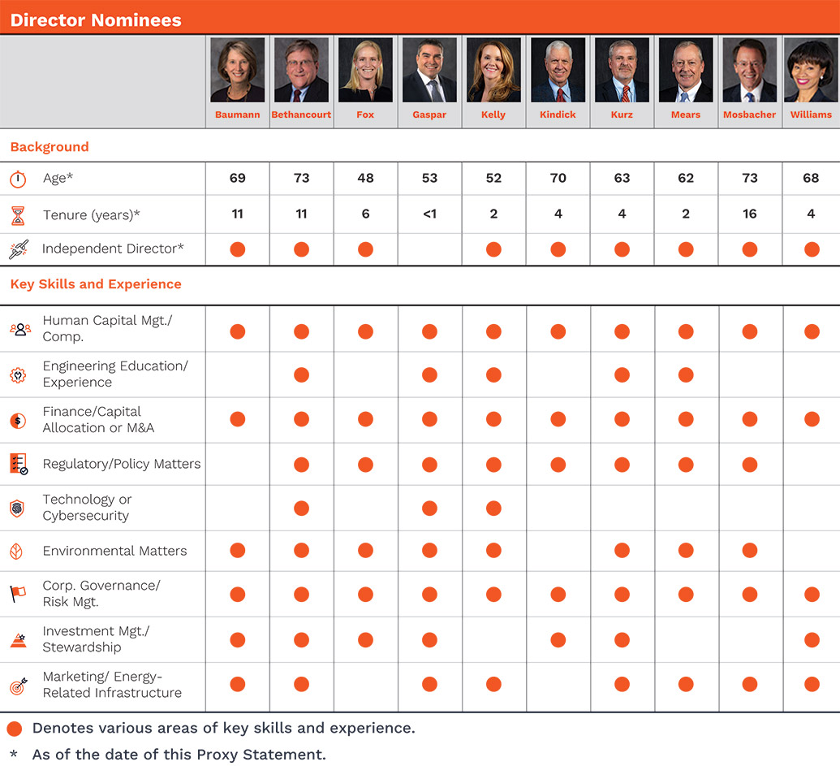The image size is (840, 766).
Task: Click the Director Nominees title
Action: [96, 19]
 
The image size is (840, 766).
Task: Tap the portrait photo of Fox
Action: [365, 70]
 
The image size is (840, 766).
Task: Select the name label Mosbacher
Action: [749, 115]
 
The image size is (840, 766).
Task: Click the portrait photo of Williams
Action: [811, 70]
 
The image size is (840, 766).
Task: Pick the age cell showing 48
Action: [365, 178]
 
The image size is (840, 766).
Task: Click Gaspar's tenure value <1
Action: [429, 214]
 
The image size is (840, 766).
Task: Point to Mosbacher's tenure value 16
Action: [749, 214]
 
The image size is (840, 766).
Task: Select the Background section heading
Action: [50, 147]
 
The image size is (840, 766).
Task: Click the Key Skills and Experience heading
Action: [96, 284]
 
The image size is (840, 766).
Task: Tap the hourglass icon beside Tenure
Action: [18, 215]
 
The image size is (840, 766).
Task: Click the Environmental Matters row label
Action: [114, 551]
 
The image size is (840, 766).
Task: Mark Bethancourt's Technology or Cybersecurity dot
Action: [301, 509]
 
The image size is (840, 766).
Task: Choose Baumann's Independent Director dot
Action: [237, 249]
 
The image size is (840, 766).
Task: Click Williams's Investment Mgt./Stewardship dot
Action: [811, 640]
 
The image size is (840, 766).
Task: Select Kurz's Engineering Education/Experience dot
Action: [622, 374]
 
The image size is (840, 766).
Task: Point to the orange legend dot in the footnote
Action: [14, 728]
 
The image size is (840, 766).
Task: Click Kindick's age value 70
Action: [558, 178]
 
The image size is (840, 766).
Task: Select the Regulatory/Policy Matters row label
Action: [121, 464]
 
